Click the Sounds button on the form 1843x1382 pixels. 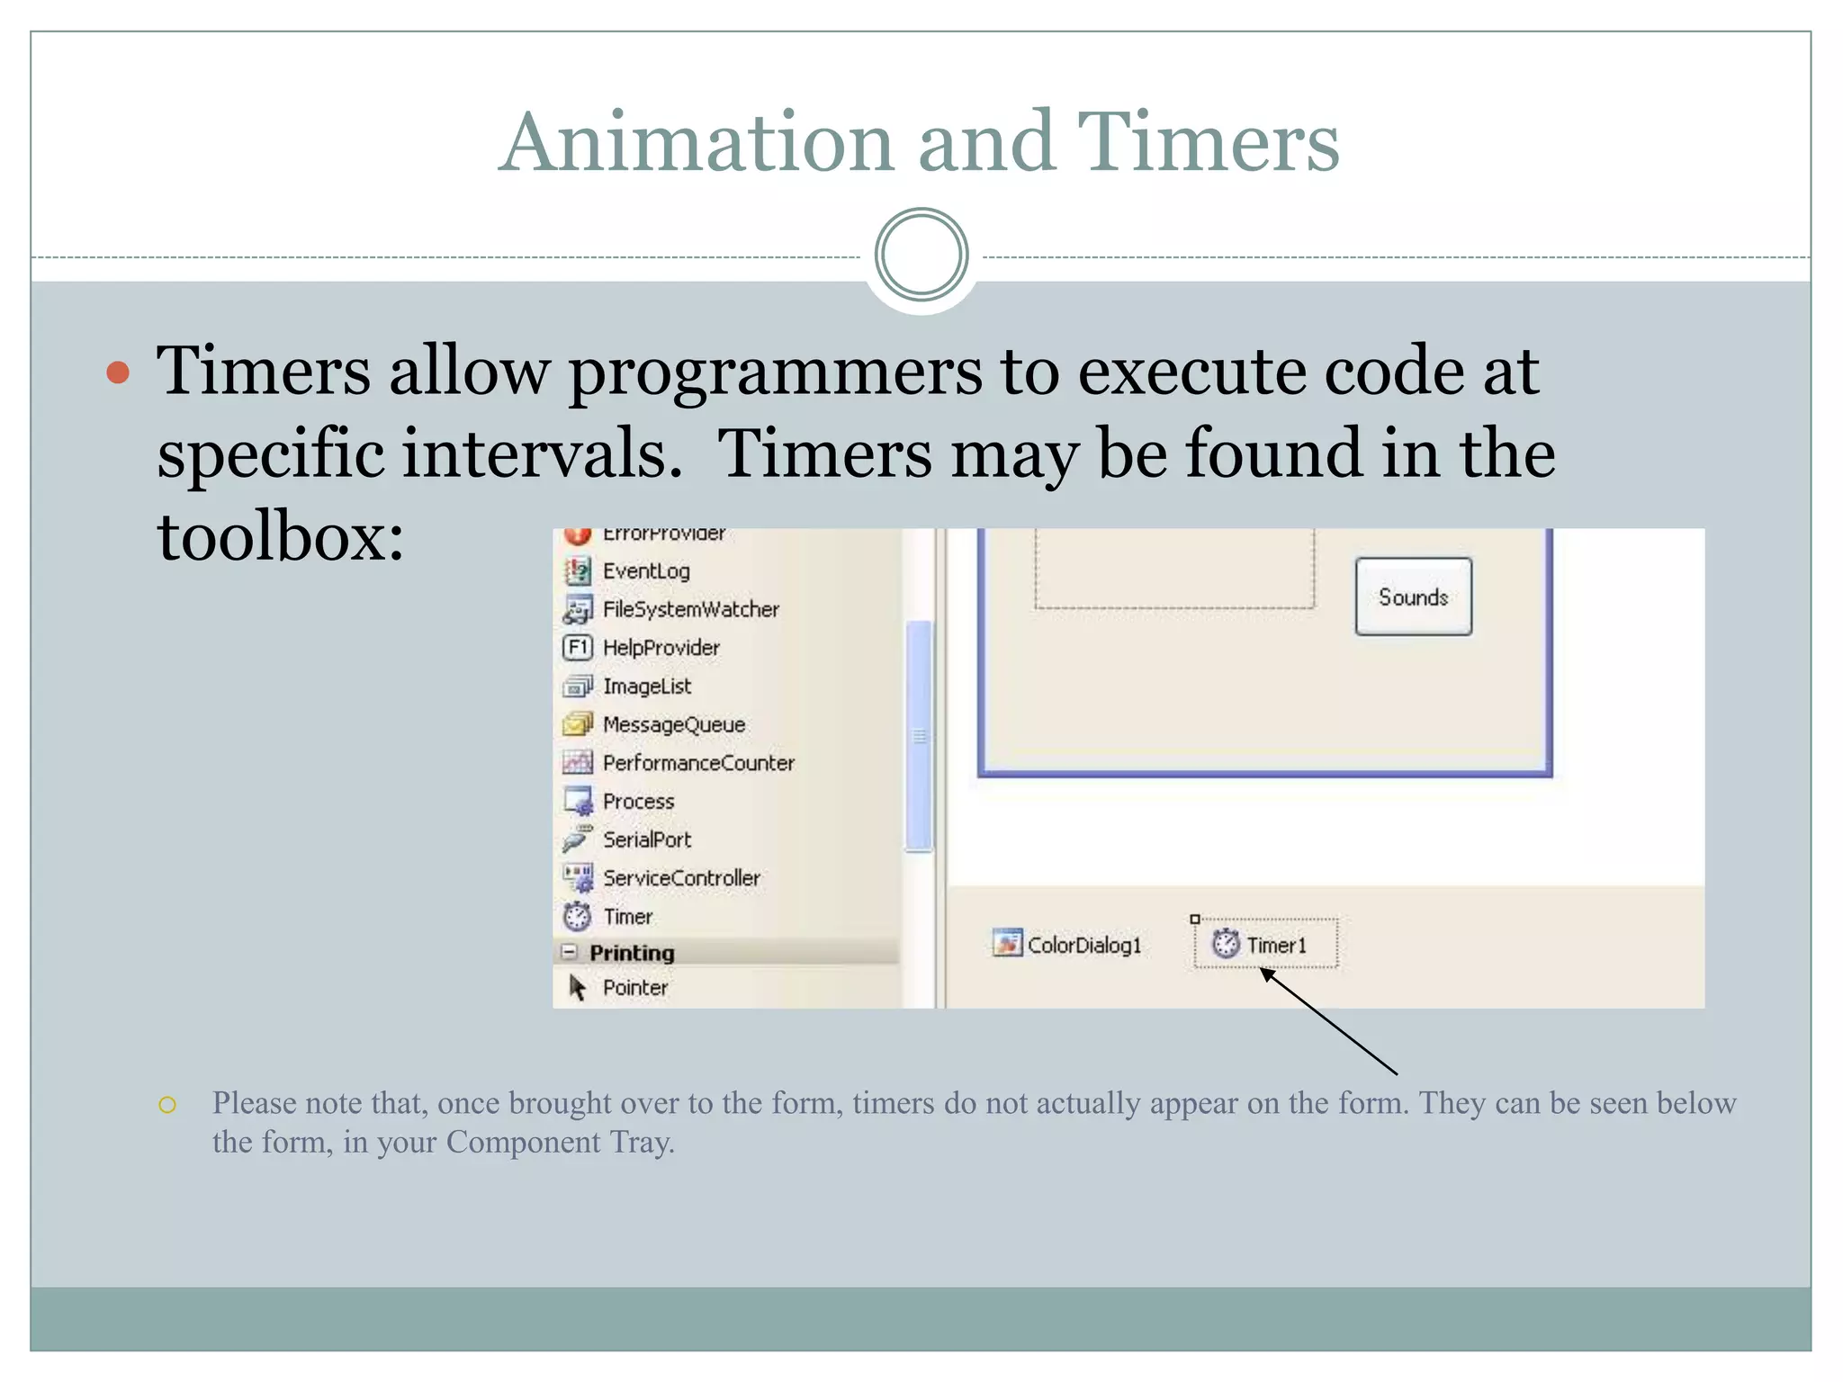(x=1413, y=597)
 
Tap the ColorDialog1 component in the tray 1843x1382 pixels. (x=1068, y=944)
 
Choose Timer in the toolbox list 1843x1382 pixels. (x=626, y=916)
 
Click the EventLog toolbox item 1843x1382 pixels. (x=645, y=570)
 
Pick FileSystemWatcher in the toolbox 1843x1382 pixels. (x=690, y=609)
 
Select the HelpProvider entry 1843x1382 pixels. (x=661, y=648)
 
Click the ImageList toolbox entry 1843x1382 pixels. (x=646, y=686)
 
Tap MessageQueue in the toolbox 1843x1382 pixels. (x=673, y=724)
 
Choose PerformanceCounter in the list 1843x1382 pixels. (x=698, y=763)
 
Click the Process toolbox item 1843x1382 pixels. (x=638, y=801)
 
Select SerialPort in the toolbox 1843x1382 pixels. (x=646, y=839)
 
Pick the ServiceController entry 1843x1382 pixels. (x=681, y=877)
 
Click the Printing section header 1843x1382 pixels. (x=632, y=952)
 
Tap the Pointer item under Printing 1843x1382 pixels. (x=634, y=987)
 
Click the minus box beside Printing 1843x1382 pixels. (x=569, y=951)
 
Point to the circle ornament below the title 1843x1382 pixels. (x=921, y=255)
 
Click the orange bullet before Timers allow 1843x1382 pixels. (x=118, y=372)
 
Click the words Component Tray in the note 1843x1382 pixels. (x=559, y=1142)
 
